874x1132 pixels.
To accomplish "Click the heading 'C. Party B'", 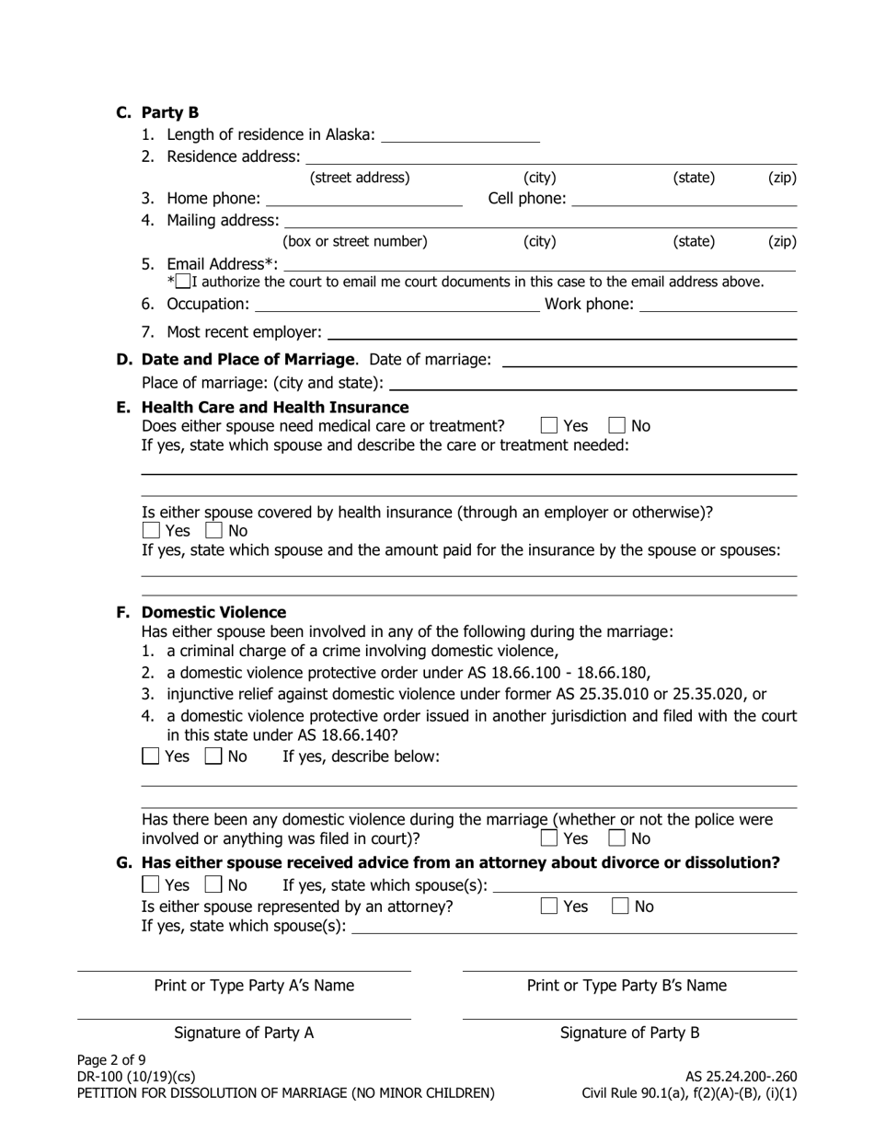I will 157,113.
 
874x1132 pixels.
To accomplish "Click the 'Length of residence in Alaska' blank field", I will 459,135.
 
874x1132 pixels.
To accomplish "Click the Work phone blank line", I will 717,304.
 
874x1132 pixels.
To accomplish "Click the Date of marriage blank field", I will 650,359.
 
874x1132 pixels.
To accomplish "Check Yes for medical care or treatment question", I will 549,426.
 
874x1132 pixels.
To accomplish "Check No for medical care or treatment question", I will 617,426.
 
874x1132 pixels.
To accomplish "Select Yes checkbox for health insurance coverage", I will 152,531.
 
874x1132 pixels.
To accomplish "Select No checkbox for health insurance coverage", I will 214,531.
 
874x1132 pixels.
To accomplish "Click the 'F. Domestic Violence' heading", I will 213,612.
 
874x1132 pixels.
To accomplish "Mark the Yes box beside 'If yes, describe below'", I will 151,757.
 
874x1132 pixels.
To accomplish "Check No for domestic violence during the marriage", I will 617,838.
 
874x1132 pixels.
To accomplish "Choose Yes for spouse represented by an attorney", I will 549,907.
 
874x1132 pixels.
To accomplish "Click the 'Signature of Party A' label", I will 244,1033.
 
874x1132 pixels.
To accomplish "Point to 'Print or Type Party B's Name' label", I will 627,986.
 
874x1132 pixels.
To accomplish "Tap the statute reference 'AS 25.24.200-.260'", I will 741,1076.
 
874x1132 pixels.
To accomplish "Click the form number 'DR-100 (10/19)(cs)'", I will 136,1076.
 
